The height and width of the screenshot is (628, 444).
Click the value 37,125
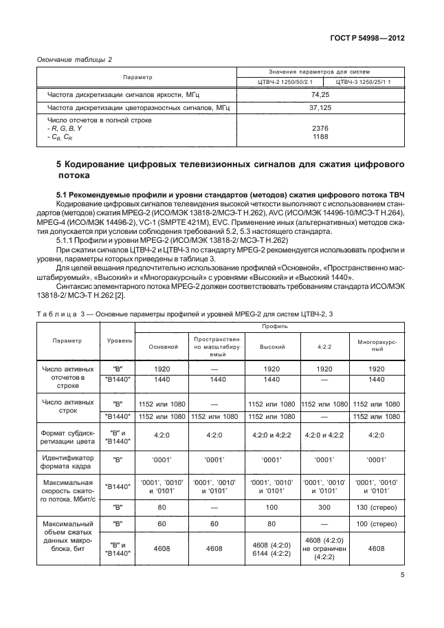coord(320,108)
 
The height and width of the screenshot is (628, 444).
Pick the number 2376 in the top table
coord(320,128)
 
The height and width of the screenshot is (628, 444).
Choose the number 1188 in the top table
coord(320,136)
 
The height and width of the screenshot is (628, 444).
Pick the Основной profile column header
coord(162,346)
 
